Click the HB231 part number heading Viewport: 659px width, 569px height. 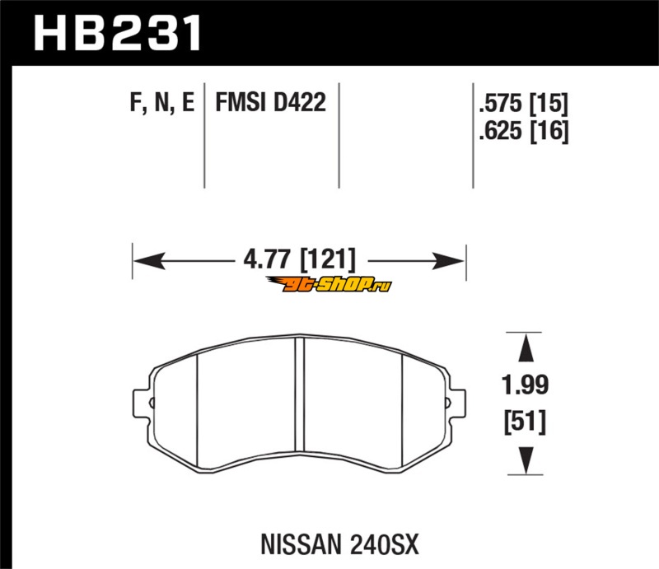117,33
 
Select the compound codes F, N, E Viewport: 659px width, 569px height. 162,103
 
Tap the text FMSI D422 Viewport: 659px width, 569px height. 271,102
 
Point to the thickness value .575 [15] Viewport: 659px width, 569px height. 524,103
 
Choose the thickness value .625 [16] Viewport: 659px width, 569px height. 524,131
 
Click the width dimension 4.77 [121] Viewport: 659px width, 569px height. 299,259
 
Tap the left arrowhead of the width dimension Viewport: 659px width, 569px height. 149,261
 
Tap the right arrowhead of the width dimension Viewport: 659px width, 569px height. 449,261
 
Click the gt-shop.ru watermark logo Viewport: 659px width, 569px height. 329,285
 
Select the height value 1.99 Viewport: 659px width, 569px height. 526,385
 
